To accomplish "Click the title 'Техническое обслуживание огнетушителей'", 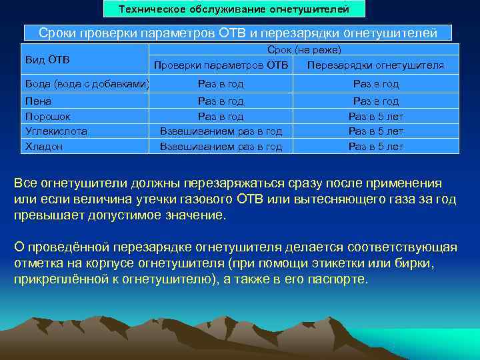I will click(x=234, y=9).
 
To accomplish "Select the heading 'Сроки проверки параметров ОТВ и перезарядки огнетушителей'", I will click(x=238, y=33).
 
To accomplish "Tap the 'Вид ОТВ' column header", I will click(x=47, y=60).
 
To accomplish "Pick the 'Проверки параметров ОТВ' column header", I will click(x=221, y=65).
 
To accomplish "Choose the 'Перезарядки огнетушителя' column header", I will click(x=375, y=65).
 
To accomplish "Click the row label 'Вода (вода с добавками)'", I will click(x=86, y=84).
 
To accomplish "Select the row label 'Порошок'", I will click(x=43, y=116).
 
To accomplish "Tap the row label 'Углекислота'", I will click(x=56, y=131).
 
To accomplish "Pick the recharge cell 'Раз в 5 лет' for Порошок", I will click(x=375, y=116).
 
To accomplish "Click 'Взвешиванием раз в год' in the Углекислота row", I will click(x=221, y=131).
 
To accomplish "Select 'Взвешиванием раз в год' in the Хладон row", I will click(x=221, y=147).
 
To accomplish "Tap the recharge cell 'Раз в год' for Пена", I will click(x=375, y=101).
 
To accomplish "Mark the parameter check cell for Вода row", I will click(x=221, y=84).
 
